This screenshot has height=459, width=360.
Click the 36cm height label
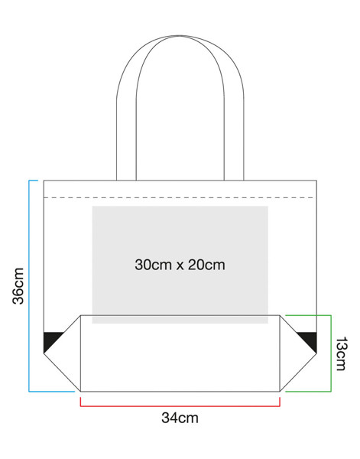(18, 285)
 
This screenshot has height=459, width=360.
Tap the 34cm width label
(180, 418)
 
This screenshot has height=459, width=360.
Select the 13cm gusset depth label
(342, 353)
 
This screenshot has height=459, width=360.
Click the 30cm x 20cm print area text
(180, 265)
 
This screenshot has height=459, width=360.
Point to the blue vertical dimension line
(29, 285)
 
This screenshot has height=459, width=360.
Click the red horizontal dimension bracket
(180, 406)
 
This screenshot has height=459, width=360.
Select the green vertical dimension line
(331, 353)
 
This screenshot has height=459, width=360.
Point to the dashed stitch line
(180, 198)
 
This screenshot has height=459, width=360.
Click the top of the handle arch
(180, 36)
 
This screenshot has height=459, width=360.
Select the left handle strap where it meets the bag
(126, 180)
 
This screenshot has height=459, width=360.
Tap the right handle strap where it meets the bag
(234, 180)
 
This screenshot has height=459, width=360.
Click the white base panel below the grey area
(180, 357)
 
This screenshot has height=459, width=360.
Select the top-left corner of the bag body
(44, 181)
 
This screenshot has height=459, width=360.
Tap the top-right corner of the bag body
(316, 181)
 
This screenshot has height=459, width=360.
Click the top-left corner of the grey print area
(92, 207)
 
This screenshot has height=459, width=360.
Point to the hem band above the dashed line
(180, 189)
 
